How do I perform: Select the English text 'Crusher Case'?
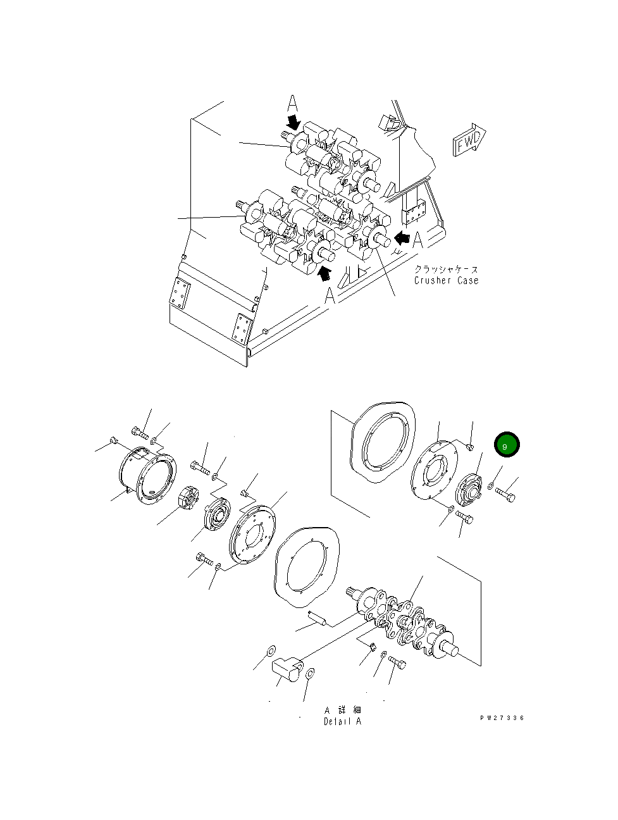pos(446,280)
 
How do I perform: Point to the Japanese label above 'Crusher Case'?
pos(446,269)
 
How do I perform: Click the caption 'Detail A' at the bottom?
pos(342,721)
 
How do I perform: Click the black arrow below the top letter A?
pos(294,120)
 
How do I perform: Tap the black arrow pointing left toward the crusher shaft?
pos(401,237)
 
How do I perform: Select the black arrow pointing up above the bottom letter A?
pos(324,273)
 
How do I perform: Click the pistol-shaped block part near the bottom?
pos(288,669)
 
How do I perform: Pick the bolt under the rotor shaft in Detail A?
pos(397,662)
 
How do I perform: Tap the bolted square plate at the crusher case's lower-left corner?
pos(180,294)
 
